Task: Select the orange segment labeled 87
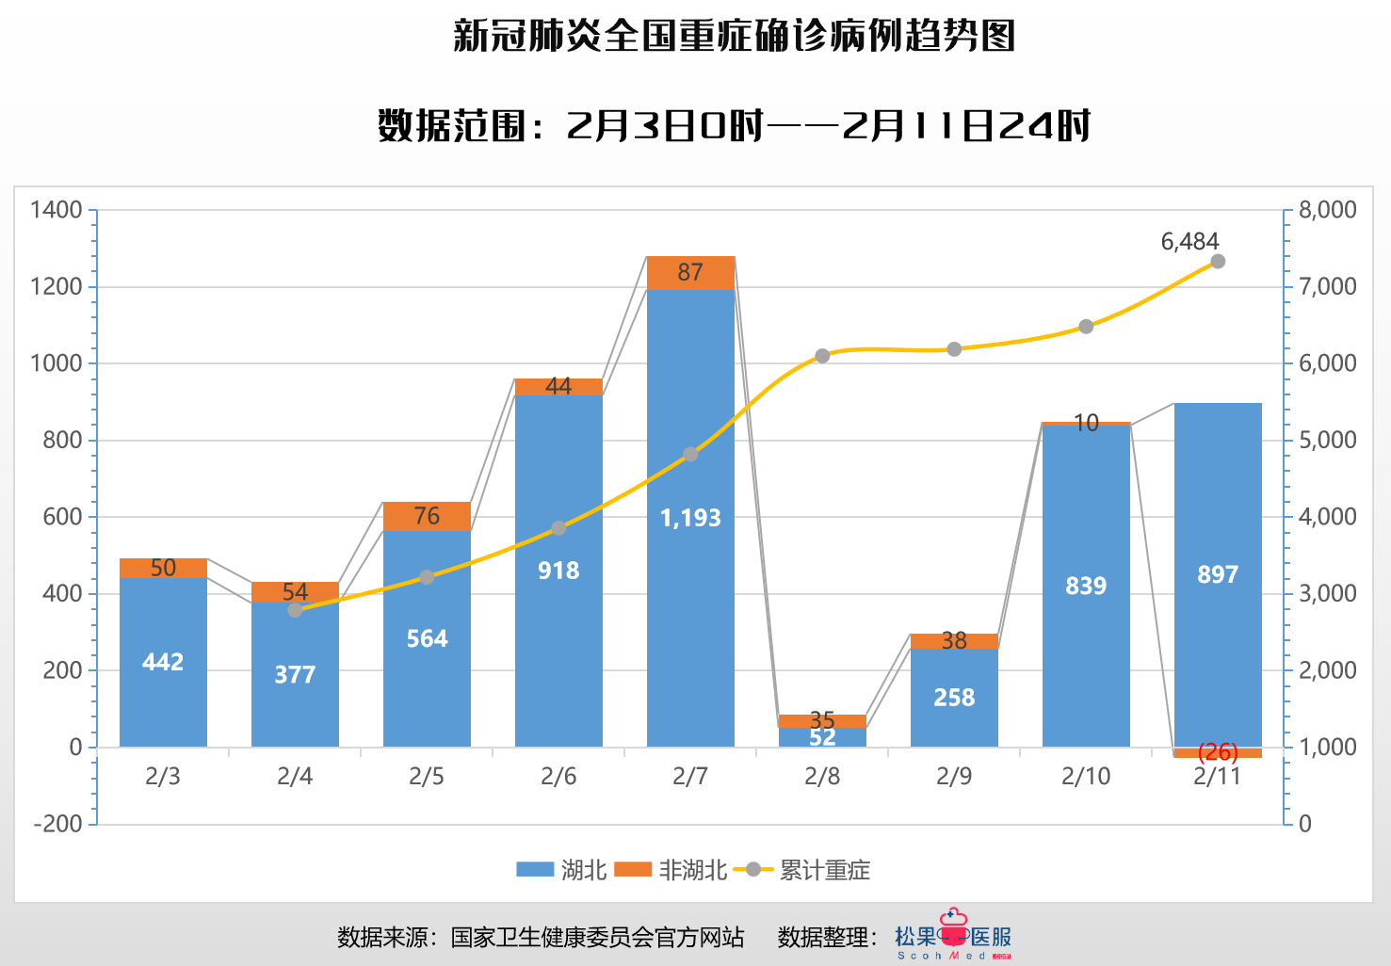[690, 272]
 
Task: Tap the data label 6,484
[1189, 242]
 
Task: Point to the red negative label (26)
[1218, 752]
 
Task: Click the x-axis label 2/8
[822, 777]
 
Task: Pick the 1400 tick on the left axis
[57, 210]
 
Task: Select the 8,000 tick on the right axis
[1327, 210]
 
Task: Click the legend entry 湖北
[561, 870]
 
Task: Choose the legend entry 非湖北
[671, 870]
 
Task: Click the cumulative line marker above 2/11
[1218, 261]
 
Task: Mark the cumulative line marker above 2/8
[822, 356]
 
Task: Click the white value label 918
[558, 571]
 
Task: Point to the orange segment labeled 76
[427, 516]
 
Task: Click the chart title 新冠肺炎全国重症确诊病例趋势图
[734, 36]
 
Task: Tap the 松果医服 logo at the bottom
[953, 935]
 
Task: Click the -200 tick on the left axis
[58, 824]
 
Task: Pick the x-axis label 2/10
[1086, 777]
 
